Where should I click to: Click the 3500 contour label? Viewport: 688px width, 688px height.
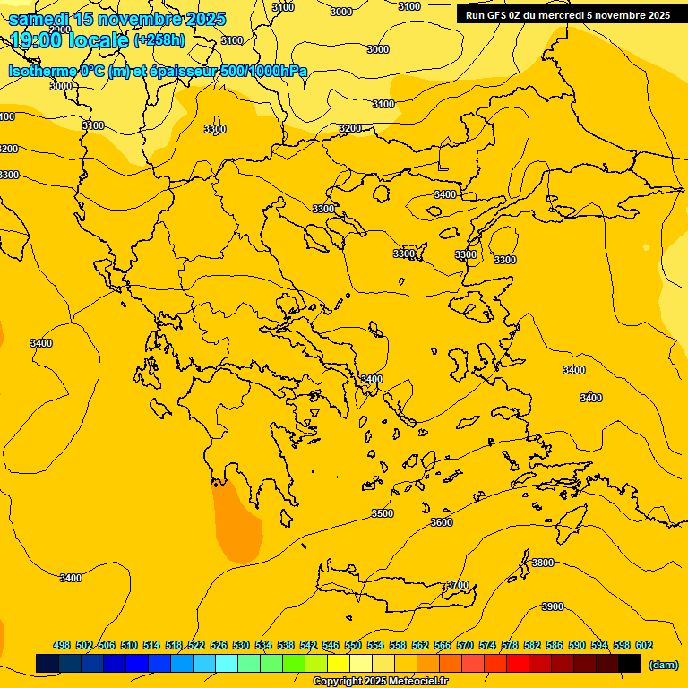coord(383,513)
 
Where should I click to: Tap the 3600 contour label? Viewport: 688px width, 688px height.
coord(442,522)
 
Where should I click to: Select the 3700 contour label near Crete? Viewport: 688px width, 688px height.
coord(457,585)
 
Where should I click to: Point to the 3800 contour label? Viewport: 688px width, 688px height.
coord(543,563)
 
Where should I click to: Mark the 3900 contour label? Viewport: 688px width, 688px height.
coord(553,606)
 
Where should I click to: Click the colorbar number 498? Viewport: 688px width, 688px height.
coord(62,645)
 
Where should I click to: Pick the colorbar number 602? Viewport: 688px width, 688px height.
coord(644,645)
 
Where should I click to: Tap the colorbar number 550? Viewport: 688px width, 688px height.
coord(353,645)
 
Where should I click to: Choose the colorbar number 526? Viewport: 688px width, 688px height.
coord(219,645)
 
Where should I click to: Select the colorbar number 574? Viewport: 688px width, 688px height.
coord(487,645)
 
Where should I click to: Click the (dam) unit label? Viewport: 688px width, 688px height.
coord(663,665)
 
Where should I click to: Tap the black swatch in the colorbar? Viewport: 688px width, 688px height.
coord(630,664)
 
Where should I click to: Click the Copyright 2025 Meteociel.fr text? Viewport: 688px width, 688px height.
coord(381,682)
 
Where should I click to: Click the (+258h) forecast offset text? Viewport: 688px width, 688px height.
coord(159,40)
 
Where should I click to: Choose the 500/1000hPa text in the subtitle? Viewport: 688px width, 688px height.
coord(264,72)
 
